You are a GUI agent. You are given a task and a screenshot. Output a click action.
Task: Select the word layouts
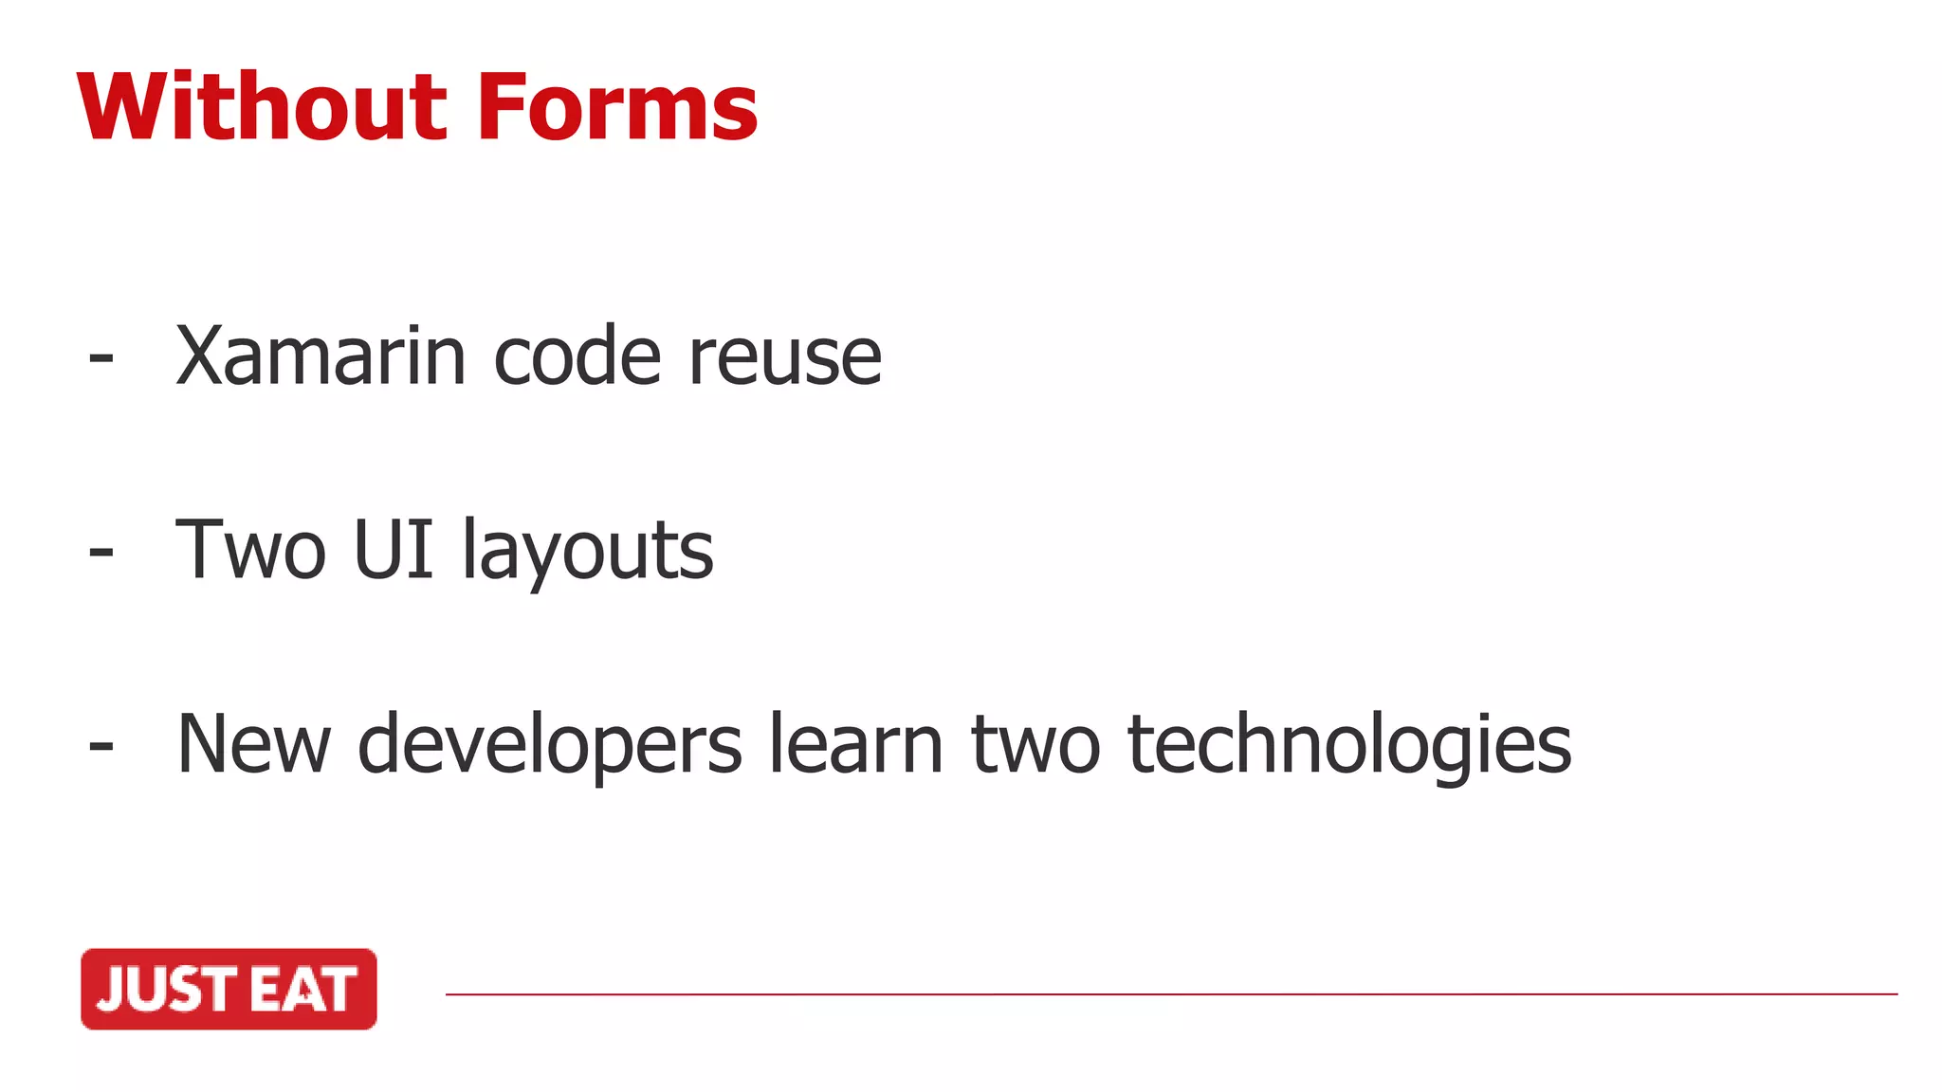(588, 553)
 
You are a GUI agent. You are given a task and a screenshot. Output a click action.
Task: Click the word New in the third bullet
(253, 745)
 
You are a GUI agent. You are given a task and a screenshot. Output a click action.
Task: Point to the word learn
(855, 745)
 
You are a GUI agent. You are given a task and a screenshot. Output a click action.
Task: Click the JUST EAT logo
(229, 989)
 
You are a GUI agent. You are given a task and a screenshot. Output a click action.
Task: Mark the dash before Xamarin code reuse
(101, 359)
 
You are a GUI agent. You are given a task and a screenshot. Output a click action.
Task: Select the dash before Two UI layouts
(101, 553)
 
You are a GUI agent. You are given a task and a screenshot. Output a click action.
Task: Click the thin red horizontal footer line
(1171, 994)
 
